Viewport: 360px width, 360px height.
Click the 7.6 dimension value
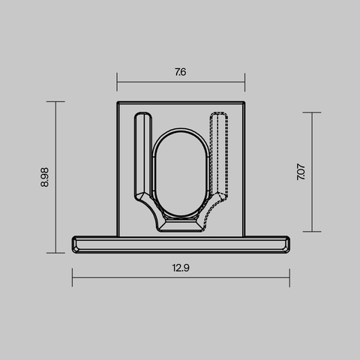(x=181, y=73)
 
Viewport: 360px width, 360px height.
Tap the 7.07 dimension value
(x=301, y=172)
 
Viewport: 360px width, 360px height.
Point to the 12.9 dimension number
(x=181, y=268)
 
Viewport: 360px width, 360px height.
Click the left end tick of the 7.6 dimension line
(x=117, y=82)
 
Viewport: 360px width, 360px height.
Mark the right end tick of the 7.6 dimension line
(x=245, y=82)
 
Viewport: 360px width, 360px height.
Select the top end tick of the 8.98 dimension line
(x=55, y=101)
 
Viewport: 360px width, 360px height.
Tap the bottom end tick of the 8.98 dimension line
(x=55, y=253)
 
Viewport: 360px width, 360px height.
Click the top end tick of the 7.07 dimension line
(x=312, y=112)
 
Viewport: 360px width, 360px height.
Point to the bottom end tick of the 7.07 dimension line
(x=312, y=232)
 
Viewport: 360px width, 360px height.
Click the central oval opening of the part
(x=181, y=176)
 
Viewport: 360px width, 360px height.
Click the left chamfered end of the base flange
(x=76, y=244)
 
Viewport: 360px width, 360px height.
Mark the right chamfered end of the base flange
(x=286, y=244)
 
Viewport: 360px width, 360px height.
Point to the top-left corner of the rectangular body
(x=118, y=101)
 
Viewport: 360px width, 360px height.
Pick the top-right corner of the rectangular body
(x=244, y=101)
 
